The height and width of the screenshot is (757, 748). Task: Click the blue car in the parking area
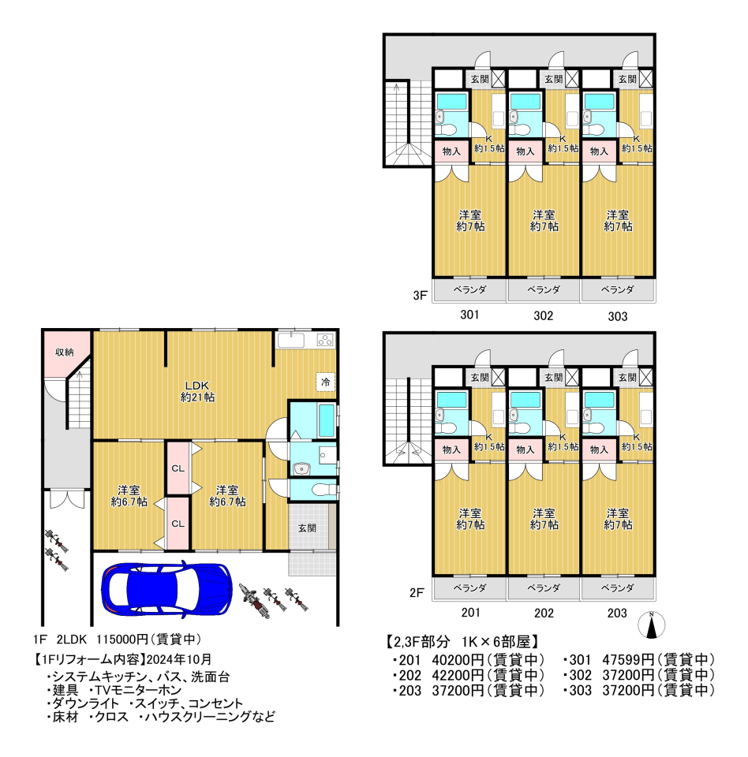tap(166, 588)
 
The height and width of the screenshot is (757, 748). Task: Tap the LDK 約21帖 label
tap(197, 392)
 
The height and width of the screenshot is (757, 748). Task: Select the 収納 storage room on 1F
tap(65, 352)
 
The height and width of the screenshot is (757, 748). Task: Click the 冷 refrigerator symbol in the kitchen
tap(326, 382)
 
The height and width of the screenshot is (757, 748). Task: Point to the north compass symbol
tap(651, 625)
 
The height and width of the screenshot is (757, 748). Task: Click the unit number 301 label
tap(469, 315)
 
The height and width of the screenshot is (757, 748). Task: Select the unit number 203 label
tap(617, 613)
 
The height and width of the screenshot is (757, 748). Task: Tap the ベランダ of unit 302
tap(544, 290)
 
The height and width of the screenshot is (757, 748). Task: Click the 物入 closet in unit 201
tap(451, 449)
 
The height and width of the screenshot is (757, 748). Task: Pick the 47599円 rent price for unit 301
tap(627, 659)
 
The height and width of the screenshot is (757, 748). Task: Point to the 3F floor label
tap(420, 295)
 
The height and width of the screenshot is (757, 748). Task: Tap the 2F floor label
tap(417, 593)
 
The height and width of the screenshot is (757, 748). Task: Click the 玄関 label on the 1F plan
tap(307, 528)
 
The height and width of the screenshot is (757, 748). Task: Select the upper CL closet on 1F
tap(178, 468)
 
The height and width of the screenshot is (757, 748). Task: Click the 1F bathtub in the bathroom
tap(327, 420)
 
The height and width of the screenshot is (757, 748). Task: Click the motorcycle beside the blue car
tap(254, 601)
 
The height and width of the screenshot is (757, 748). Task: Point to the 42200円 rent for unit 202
tap(458, 675)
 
